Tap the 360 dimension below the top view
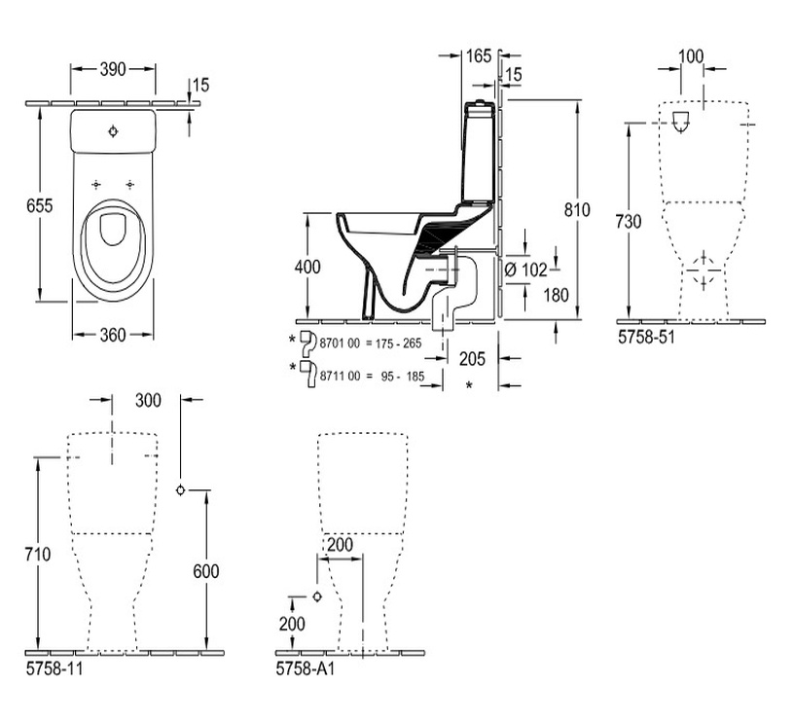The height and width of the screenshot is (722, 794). tap(113, 335)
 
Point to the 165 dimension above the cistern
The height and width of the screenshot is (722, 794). tap(478, 56)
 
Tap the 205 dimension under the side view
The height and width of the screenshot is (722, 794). tap(471, 359)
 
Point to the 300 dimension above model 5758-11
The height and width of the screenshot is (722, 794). tap(148, 400)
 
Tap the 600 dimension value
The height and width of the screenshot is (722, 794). tap(206, 572)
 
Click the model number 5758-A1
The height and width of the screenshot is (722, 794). tap(305, 669)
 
